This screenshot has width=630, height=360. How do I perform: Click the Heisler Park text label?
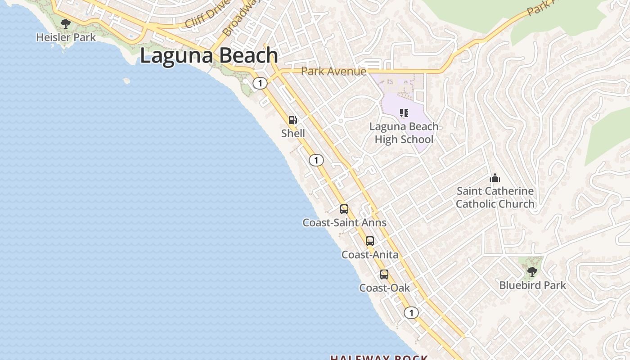point(66,37)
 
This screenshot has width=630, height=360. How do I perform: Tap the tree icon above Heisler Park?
point(66,23)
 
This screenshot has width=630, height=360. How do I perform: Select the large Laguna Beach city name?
point(209,56)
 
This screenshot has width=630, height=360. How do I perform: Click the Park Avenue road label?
point(333,71)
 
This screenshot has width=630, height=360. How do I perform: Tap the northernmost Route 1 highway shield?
point(260,83)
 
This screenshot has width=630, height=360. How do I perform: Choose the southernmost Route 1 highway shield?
point(411,313)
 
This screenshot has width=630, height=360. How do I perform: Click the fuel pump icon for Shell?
point(293,120)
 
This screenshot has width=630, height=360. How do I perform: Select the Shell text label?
point(293,133)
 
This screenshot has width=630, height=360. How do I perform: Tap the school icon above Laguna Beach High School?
point(404,113)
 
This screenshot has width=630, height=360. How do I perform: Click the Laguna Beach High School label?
point(404,133)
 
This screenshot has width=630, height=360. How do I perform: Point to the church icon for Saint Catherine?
point(495,178)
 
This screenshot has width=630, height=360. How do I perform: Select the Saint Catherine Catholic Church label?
point(495,198)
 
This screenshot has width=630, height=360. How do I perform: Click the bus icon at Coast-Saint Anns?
point(344,209)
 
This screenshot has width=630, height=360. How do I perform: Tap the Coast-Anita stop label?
point(370,255)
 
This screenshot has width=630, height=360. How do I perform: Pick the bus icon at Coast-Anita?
point(370,241)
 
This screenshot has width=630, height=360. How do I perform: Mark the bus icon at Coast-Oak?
point(384,274)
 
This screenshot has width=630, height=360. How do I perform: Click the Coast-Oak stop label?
point(384,288)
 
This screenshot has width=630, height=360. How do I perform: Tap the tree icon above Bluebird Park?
point(532,272)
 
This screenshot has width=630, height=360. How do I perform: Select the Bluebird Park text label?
point(532,285)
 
